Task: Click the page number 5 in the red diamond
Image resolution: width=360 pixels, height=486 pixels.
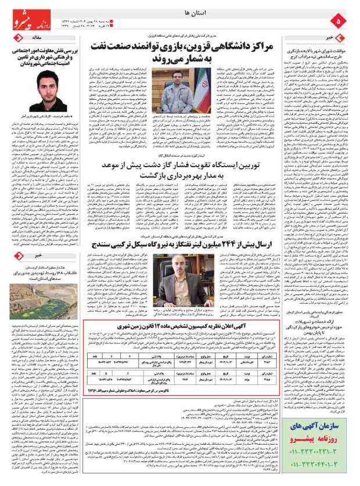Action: click(x=342, y=21)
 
